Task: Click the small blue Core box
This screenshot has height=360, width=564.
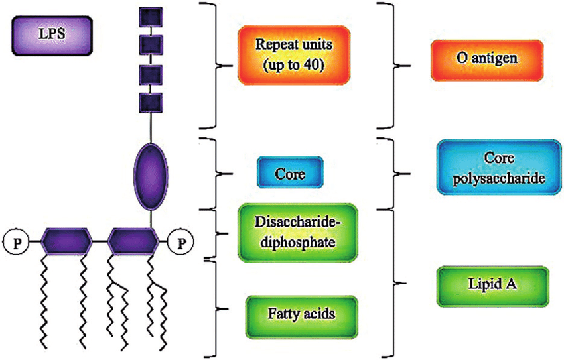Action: tap(289, 174)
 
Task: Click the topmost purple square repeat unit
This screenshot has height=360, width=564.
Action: tap(151, 16)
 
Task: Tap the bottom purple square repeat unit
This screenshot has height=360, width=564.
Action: tap(151, 103)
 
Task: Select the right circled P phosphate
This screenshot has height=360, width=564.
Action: tap(180, 241)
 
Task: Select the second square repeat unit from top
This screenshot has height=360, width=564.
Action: tap(151, 45)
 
